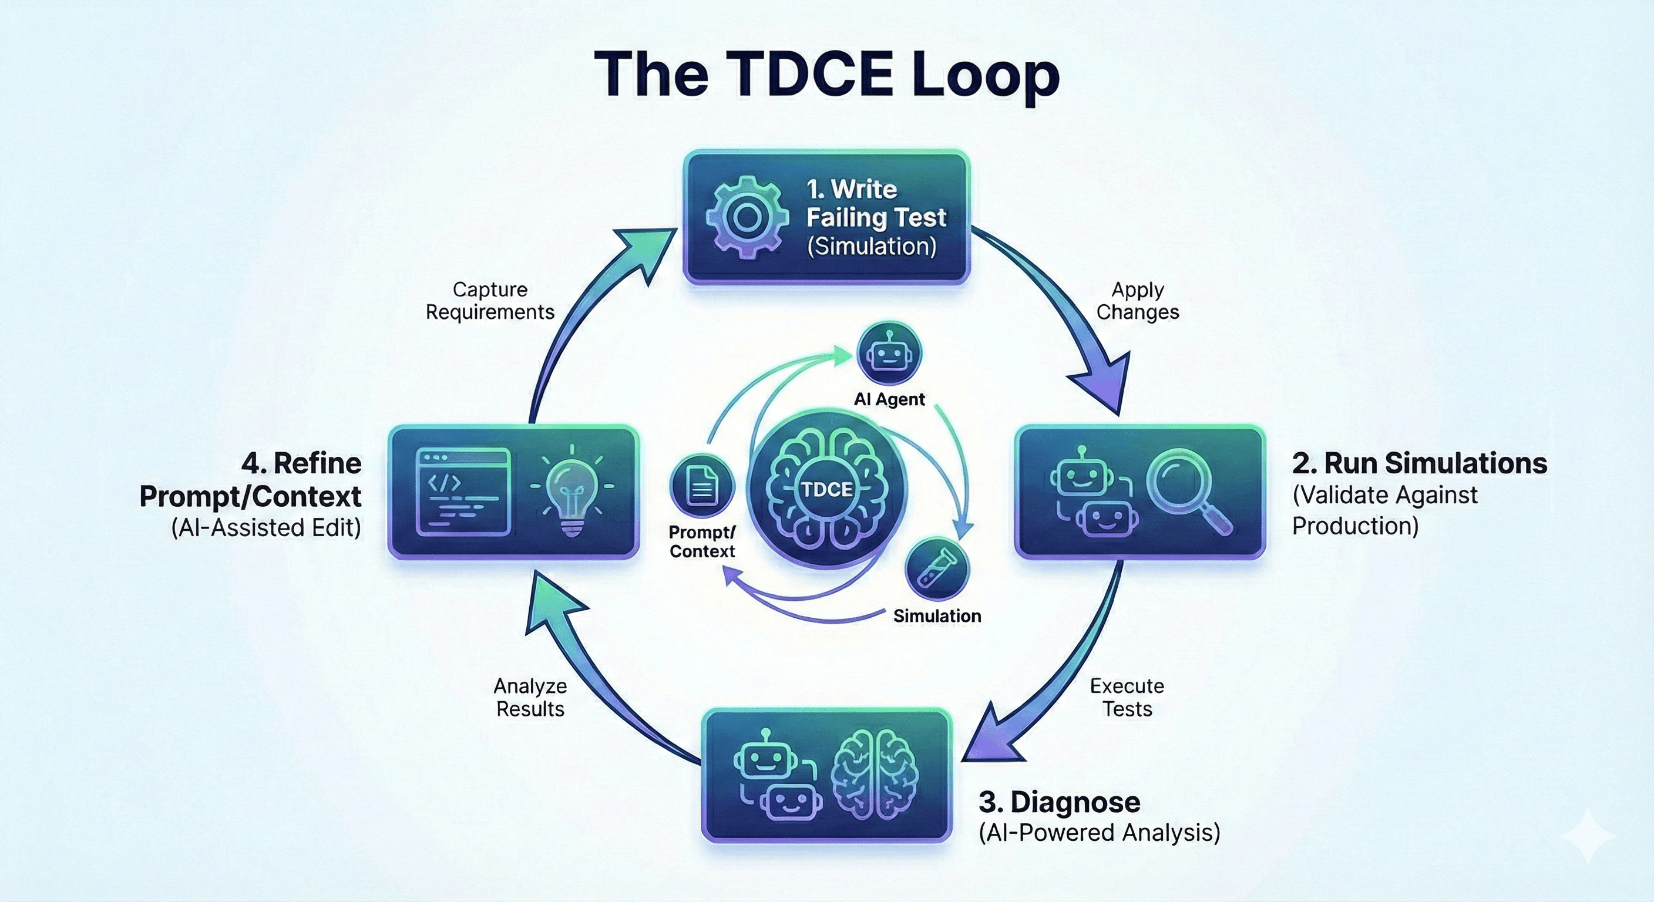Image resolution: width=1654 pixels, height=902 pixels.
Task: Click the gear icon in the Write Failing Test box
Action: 747,217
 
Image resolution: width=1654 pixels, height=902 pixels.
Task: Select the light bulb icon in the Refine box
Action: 571,492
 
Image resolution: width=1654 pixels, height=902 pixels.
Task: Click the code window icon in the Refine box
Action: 463,492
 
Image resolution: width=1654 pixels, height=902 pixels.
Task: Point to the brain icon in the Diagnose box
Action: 874,774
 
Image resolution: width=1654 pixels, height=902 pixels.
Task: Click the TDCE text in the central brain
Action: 827,489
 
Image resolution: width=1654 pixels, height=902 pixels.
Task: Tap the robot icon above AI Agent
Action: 889,354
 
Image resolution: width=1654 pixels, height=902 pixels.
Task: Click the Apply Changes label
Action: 1137,301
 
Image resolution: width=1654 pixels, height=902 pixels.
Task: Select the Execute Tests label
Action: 1127,697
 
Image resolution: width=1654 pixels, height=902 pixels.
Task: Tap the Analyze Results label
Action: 530,697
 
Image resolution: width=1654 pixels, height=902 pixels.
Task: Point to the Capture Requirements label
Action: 490,301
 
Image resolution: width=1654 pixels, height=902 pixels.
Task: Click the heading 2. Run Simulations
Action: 1419,463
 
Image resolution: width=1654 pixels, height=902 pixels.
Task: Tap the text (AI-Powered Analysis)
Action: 1098,833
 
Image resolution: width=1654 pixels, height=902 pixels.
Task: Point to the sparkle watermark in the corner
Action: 1588,836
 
